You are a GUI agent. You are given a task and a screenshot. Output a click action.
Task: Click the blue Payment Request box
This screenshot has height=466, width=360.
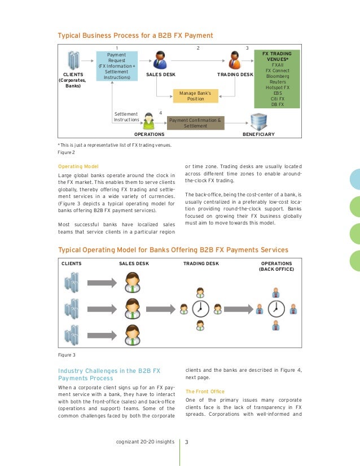[116, 66]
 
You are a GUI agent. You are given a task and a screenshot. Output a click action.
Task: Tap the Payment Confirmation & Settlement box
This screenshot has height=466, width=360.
[195, 123]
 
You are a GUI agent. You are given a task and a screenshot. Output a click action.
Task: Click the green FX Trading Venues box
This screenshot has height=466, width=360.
[278, 78]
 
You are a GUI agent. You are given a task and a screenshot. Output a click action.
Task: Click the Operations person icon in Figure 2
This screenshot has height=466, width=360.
[149, 121]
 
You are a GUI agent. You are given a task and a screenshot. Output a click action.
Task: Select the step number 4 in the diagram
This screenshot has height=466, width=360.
[161, 113]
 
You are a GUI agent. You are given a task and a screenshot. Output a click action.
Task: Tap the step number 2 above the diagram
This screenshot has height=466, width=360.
[197, 48]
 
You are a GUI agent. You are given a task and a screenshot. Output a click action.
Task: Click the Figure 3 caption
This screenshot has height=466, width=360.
[66, 355]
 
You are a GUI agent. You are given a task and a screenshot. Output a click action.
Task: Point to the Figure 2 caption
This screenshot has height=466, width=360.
[66, 152]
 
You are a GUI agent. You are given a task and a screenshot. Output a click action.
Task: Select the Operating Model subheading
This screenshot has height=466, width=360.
[78, 166]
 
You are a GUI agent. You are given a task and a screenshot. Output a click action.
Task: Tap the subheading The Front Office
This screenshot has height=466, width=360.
[204, 391]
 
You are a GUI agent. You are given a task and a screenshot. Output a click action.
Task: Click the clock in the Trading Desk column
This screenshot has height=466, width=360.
[200, 309]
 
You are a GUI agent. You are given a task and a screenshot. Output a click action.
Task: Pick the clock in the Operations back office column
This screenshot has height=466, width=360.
[276, 309]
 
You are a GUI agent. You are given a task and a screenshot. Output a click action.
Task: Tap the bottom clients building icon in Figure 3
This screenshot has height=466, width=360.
[71, 335]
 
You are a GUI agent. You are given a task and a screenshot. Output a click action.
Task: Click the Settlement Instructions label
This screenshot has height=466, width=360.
[126, 117]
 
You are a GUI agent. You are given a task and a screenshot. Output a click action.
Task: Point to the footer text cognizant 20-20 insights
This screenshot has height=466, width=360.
[144, 442]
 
